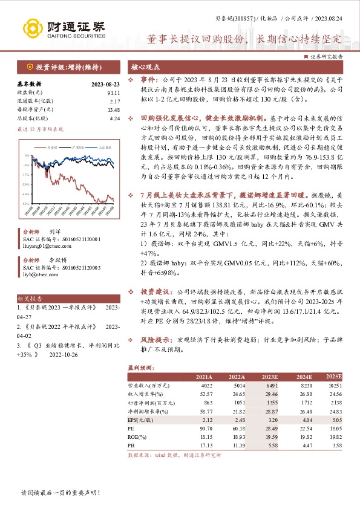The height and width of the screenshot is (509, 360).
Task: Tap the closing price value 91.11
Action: (114, 92)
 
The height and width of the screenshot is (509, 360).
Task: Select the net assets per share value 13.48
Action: (114, 109)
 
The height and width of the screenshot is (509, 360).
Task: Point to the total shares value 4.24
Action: (115, 118)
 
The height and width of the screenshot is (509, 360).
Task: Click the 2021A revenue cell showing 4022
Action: (206, 385)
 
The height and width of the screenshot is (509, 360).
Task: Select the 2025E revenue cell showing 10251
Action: (335, 385)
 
